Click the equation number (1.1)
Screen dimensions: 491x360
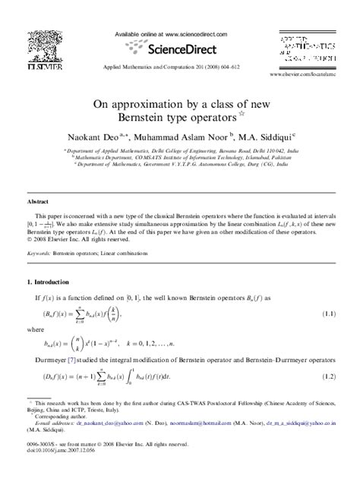[326, 313]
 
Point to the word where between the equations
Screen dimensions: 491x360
[34, 330]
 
